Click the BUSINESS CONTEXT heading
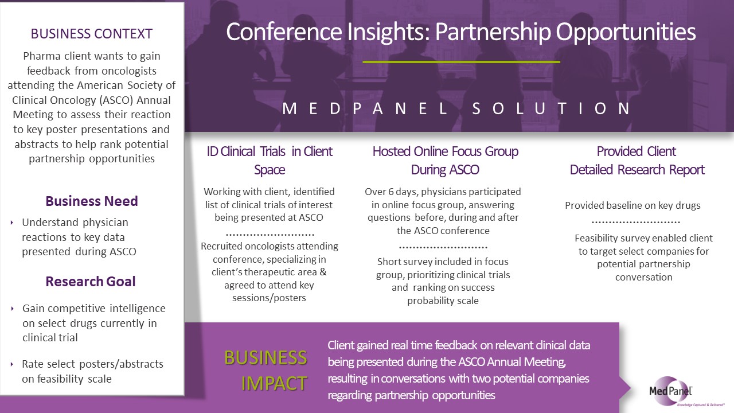91,34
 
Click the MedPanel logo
671,392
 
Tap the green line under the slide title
462,61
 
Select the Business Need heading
91,201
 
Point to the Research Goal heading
91,281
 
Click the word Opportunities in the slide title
626,33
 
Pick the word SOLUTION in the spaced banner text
552,108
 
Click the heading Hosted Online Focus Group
446,151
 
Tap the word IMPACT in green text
274,383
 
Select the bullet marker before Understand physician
12,223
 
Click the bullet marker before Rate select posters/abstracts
12,364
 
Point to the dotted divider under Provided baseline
636,223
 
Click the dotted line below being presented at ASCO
270,235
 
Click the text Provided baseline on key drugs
633,205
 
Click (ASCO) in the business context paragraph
118,100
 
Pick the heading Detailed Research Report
637,170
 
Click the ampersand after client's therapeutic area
323,272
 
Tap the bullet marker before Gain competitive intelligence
12,309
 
